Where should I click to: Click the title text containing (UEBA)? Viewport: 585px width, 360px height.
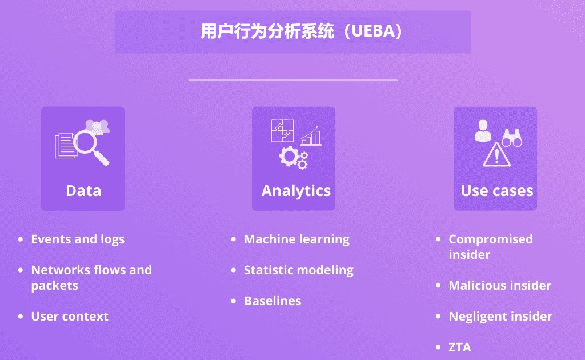click(302, 31)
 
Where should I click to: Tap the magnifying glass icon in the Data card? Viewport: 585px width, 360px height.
click(91, 148)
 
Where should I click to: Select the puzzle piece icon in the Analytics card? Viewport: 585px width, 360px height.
click(282, 130)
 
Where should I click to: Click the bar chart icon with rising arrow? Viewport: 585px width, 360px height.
click(311, 136)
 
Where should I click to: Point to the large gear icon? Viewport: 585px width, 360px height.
click(289, 157)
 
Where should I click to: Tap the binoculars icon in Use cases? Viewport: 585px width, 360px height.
click(512, 138)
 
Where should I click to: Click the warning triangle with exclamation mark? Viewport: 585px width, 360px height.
click(496, 154)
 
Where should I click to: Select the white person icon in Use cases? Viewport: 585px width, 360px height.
click(483, 130)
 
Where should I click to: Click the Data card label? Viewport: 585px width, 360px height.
click(83, 191)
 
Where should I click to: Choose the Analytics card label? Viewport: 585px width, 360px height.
click(296, 191)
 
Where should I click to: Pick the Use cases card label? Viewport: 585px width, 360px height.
click(497, 191)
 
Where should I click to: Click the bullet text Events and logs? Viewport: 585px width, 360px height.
click(78, 239)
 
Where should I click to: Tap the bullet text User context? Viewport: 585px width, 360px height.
click(70, 317)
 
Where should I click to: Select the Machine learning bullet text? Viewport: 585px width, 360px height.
click(296, 239)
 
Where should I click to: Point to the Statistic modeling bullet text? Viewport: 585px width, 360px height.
click(298, 270)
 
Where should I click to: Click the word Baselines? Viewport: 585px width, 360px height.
click(273, 301)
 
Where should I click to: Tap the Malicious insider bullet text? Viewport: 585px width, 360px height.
click(500, 285)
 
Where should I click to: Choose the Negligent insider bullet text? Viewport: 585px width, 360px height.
click(500, 317)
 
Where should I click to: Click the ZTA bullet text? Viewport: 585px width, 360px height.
click(460, 347)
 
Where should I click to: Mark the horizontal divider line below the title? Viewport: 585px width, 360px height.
click(293, 80)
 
